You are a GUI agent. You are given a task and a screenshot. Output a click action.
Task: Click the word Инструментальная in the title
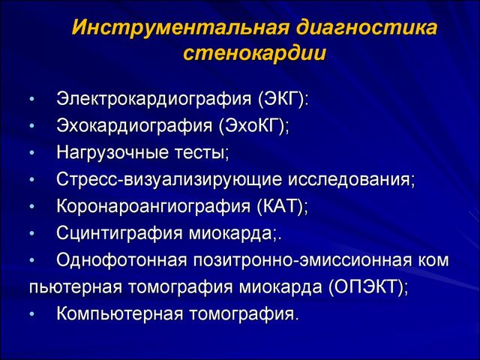pos(181,28)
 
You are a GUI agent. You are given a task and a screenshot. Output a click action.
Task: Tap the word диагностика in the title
pos(366,27)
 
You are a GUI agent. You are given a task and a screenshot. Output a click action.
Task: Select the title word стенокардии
pos(254,54)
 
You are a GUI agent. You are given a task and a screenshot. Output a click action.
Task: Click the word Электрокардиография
pos(154,100)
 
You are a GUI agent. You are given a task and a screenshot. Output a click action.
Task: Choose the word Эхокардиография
pos(134,126)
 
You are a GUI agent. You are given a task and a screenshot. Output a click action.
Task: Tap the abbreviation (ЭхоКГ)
pos(253,126)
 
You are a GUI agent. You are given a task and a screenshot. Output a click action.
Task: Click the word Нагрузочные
pos(112,153)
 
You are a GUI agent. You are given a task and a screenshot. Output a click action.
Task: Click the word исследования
pos(350,180)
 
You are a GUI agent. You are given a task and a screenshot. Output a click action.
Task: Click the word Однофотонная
pos(121,260)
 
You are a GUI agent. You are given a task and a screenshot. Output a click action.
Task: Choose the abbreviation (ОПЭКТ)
pos(367,287)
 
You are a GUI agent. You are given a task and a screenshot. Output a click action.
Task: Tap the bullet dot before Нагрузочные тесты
pos(33,153)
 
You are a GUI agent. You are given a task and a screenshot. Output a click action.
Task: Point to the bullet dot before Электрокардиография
pos(33,100)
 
